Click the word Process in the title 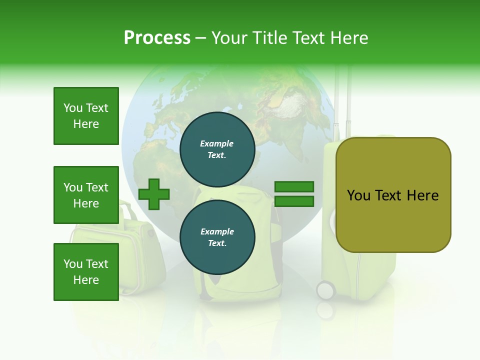[157, 38]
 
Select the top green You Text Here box [86, 116]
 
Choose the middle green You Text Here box [86, 195]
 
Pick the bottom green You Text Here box [86, 272]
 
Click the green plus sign [154, 194]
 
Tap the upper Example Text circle [217, 149]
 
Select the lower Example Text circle [217, 237]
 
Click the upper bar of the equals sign [294, 187]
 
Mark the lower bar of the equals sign [294, 201]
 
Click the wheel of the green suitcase [325, 290]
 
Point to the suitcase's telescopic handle [342, 100]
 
